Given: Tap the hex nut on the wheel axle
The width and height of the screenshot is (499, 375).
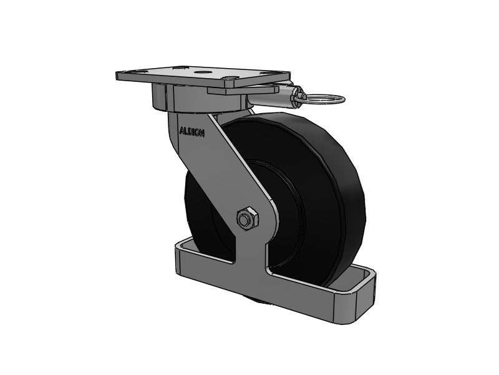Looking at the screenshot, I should tap(245, 219).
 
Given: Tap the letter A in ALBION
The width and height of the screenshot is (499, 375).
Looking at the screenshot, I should tap(182, 131).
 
